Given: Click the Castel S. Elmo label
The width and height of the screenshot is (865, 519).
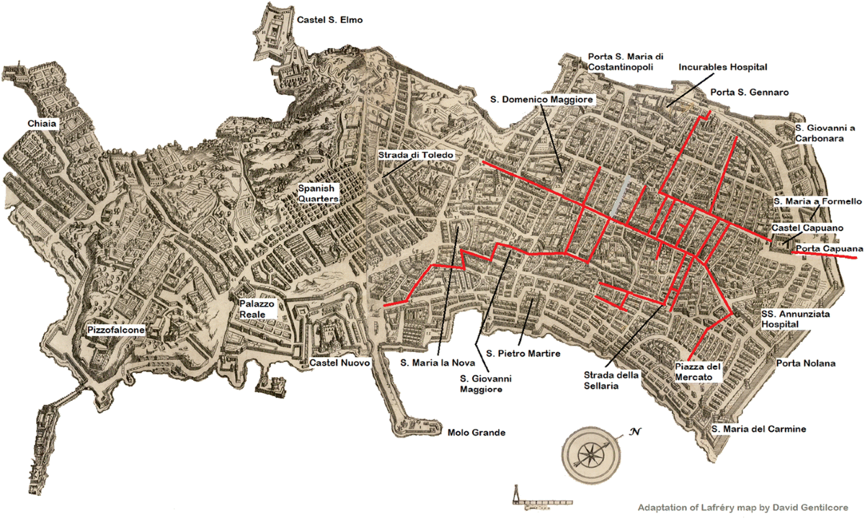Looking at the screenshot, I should (329, 20).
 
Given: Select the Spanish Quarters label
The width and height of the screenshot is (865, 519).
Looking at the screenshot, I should (319, 194).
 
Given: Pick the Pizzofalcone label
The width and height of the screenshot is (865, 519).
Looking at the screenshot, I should (116, 330).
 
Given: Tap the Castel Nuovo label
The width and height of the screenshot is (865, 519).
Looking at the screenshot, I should (339, 364).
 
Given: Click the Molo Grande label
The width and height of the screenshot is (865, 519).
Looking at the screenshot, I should (476, 433).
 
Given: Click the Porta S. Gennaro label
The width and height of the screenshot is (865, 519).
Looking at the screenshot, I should (749, 92).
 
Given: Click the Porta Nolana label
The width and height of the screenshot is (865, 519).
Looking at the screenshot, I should (805, 364).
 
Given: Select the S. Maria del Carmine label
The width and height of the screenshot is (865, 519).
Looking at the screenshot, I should (758, 429).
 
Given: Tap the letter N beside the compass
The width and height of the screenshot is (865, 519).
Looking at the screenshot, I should (635, 433).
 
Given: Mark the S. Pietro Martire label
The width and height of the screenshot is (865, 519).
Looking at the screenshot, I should (523, 353).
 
